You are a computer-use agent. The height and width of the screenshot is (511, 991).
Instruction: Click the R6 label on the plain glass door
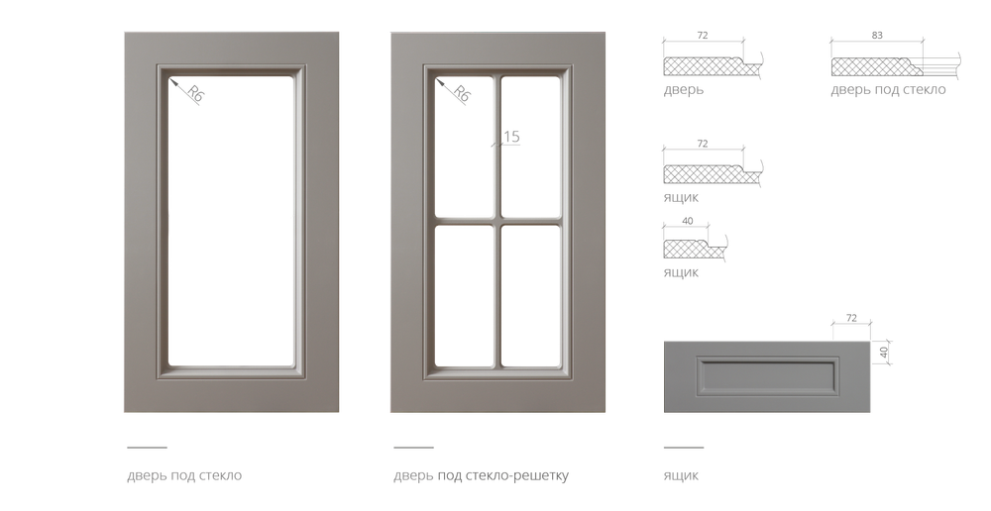193,95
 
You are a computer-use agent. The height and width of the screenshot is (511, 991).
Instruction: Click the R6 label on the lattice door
461,95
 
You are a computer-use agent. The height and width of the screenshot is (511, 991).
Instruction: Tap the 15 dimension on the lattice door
511,136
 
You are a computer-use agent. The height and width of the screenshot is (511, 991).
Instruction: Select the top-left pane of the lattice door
463,144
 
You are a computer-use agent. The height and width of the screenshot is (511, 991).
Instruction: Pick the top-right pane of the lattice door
530,144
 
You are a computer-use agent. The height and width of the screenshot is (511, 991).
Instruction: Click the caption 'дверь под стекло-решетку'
481,476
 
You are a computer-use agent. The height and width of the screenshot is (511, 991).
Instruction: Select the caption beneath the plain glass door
184,476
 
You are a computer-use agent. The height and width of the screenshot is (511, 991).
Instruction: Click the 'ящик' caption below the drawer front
681,476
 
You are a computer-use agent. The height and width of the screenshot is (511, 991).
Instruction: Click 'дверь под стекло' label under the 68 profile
888,91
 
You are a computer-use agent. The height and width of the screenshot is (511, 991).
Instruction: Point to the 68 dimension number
877,36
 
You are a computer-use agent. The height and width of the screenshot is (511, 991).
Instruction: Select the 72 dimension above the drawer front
850,316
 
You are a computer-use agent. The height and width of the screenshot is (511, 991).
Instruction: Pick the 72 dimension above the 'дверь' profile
703,36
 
